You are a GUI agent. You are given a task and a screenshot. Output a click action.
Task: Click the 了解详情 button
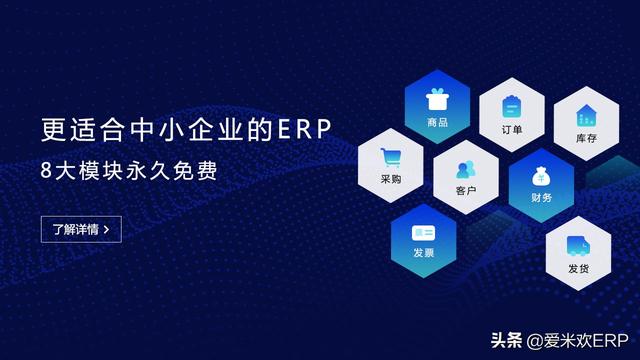81,229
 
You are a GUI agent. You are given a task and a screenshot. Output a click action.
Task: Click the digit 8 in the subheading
47,169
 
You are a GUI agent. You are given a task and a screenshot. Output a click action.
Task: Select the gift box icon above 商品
437,100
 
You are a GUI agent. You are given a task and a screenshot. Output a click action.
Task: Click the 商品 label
437,123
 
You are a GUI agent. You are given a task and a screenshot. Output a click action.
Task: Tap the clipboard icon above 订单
511,106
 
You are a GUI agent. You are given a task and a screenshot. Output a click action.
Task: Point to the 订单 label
511,129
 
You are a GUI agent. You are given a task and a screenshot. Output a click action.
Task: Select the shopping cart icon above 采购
390,158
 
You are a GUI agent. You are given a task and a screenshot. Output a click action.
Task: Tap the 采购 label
390,180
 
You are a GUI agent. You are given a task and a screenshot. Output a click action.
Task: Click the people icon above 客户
465,168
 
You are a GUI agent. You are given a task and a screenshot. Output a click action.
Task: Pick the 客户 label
465,190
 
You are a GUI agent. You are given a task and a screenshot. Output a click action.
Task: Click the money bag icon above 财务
541,177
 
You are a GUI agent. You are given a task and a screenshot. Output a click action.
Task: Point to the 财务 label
541,199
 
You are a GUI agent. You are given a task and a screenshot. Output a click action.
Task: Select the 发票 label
423,253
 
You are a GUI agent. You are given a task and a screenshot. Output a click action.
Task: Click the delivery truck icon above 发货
577,245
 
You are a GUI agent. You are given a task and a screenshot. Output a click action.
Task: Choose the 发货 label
578,268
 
